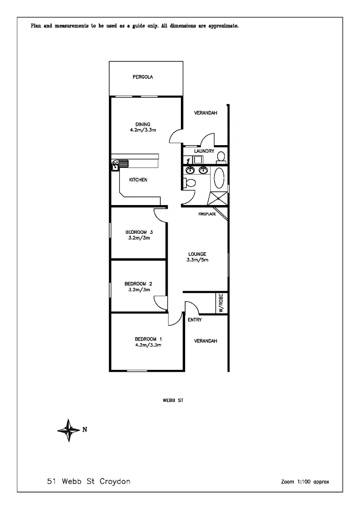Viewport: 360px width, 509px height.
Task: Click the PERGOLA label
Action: (x=146, y=77)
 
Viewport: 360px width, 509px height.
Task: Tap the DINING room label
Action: (x=142, y=124)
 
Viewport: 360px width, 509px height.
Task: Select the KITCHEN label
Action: (x=139, y=180)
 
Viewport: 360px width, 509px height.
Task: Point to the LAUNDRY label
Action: (x=204, y=151)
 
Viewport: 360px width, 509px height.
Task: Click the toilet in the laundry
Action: (x=221, y=156)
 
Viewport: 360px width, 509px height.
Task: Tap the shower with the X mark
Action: (x=218, y=198)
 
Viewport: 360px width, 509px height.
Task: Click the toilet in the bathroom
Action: (x=190, y=182)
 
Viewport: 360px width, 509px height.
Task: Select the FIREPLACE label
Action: (x=207, y=214)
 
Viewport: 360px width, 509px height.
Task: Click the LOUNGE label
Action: (x=197, y=254)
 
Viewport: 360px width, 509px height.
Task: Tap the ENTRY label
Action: (x=195, y=320)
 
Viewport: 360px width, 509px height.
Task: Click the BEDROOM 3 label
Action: (x=139, y=232)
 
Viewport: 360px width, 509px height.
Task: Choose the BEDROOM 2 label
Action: (x=138, y=284)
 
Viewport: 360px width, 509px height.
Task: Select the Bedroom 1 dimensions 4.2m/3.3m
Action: (x=148, y=345)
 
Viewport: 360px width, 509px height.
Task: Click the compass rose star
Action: (x=69, y=430)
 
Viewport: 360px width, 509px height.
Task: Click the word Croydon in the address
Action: (x=115, y=482)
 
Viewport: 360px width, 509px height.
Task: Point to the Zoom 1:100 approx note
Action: (x=305, y=482)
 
